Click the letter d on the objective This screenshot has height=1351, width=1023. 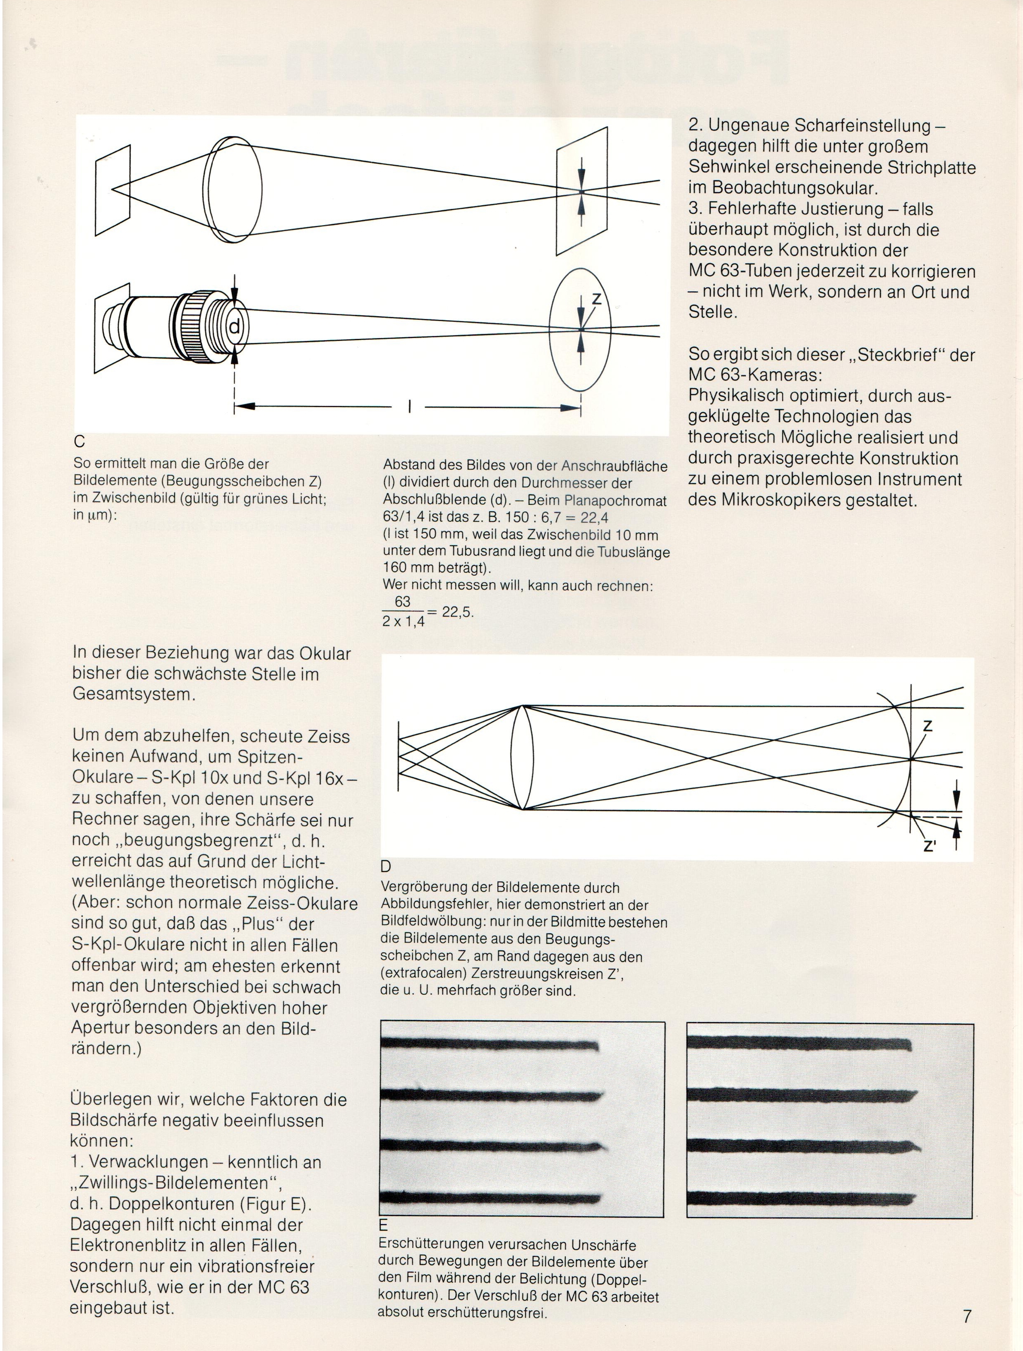pos(235,329)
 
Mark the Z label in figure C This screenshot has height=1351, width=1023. pos(597,299)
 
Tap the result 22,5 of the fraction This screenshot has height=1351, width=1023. pos(458,612)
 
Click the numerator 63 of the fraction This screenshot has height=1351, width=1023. pos(403,602)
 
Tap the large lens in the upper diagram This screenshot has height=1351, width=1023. pos(233,191)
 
